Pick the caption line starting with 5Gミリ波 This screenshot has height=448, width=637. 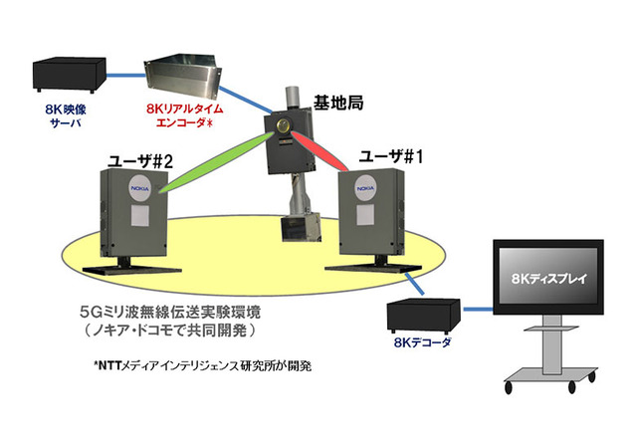pos(190,310)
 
